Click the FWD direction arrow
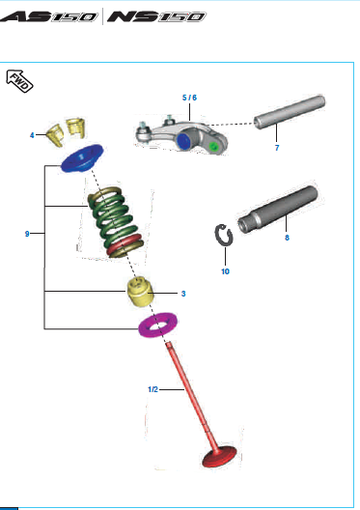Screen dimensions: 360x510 tap(19, 81)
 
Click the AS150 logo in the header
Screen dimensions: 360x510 tap(48, 16)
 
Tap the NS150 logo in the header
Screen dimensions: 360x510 tap(156, 16)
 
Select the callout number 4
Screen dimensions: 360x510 tap(32, 135)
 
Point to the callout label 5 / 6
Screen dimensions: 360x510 tap(189, 98)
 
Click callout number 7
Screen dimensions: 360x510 tap(277, 148)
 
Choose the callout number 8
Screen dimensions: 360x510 tap(287, 238)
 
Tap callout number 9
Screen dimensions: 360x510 tap(27, 234)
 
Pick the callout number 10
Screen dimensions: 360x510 tap(225, 271)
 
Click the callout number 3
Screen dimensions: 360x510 tap(183, 294)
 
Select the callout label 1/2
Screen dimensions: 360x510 tap(152, 389)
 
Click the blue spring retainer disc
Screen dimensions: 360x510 tap(82, 158)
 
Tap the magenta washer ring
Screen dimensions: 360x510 tap(157, 325)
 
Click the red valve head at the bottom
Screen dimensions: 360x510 tap(219, 457)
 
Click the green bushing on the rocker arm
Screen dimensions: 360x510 tap(213, 147)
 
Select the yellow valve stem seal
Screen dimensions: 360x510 tap(140, 292)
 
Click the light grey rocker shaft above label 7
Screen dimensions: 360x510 tap(290, 112)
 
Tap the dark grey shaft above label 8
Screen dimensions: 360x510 tap(278, 210)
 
